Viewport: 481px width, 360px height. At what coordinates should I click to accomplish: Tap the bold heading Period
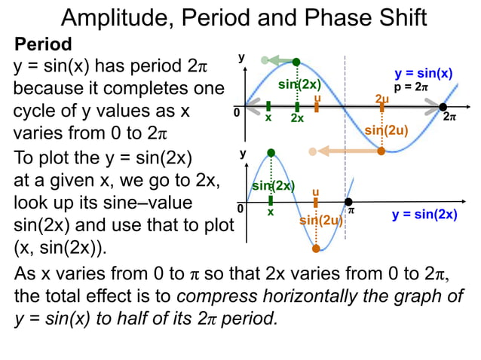(x=44, y=44)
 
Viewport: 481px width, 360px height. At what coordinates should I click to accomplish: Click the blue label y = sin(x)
(x=424, y=73)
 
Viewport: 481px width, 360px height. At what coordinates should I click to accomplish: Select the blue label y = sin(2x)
(x=424, y=215)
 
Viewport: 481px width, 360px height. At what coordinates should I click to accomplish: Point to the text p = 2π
(x=411, y=87)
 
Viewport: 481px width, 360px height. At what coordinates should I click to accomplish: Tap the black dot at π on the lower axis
(x=348, y=202)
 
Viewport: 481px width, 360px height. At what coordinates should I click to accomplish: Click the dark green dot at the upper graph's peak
(x=296, y=61)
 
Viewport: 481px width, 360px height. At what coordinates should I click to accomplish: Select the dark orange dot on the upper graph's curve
(x=381, y=151)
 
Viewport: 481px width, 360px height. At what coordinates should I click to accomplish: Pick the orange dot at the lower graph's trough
(x=316, y=248)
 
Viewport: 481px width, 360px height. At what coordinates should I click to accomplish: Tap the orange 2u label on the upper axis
(x=381, y=99)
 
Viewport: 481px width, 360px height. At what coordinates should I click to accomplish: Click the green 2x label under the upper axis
(x=297, y=119)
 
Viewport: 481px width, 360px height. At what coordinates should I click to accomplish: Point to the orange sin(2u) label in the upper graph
(x=386, y=130)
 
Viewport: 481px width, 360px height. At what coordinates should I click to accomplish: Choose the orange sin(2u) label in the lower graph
(x=321, y=220)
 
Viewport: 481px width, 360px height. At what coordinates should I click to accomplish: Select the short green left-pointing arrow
(x=280, y=60)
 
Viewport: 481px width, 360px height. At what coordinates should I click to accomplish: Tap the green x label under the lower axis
(x=271, y=212)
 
